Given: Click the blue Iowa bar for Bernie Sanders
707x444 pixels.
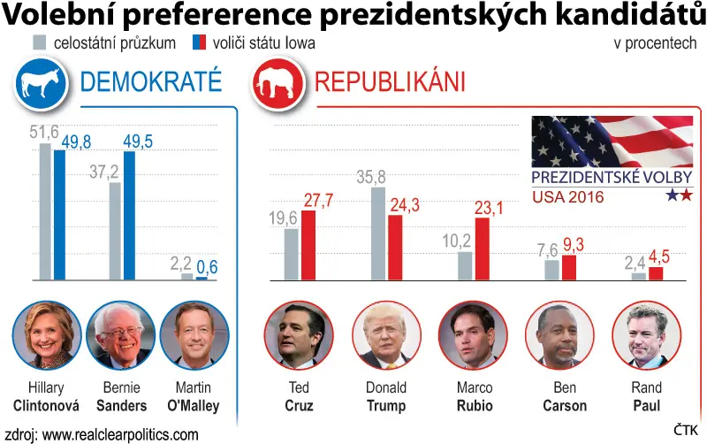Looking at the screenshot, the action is coord(129,216).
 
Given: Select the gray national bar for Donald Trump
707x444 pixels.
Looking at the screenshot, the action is coord(378,233).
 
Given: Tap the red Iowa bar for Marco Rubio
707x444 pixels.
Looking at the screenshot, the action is coord(482,249).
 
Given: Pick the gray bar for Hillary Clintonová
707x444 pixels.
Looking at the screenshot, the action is coord(46,211).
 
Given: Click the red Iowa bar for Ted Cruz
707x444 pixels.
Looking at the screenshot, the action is coord(308,246).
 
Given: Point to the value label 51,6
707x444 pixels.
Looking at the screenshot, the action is coord(44,132).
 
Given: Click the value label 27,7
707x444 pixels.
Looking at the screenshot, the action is coord(318,201).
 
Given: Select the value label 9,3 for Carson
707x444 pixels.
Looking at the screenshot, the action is coord(574,245).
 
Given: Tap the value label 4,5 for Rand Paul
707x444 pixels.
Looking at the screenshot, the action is coord(659,257).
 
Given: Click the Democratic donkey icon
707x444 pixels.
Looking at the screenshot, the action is coord(41,84).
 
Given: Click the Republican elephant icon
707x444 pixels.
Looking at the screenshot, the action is coord(277,84).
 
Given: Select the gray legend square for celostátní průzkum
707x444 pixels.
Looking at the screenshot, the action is coord(39,42).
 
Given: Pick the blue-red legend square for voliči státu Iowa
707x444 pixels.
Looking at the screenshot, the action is coord(200,42).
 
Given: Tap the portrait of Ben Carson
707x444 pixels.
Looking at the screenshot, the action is coord(559,336).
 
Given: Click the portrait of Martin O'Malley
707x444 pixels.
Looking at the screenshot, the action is coord(194,336).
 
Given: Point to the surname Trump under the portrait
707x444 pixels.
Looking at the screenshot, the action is coord(386,406).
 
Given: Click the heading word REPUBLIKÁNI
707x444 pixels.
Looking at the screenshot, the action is coord(390,81).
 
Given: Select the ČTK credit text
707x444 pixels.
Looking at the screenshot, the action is coord(686,430).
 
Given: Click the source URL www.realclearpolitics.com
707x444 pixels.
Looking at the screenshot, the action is coord(120,435).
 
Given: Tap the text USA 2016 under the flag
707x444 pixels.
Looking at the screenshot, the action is coord(567,197).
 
